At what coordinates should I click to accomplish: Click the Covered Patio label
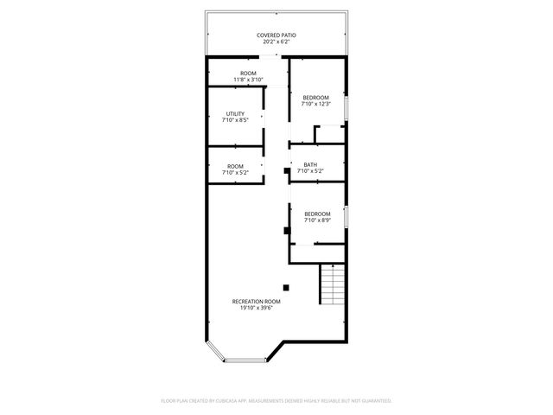(276, 35)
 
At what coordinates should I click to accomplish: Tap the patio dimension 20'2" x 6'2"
(276, 42)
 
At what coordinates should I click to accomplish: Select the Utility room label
(235, 114)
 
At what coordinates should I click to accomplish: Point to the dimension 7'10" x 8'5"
(235, 121)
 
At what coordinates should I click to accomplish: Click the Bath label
(309, 164)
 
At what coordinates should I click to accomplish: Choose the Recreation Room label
(256, 301)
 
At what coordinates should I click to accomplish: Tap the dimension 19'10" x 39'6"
(256, 308)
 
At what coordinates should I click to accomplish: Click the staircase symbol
(333, 284)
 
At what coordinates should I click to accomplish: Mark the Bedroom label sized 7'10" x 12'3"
(316, 97)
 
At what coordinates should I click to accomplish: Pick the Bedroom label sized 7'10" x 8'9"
(317, 214)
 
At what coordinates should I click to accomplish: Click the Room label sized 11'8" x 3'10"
(248, 73)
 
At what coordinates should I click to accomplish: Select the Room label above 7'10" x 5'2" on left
(235, 166)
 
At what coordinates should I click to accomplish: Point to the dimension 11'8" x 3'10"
(248, 80)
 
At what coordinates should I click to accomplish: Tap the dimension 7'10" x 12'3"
(316, 104)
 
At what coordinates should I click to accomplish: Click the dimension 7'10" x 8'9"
(317, 220)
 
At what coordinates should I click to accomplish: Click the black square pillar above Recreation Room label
(287, 287)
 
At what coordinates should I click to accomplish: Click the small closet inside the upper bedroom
(331, 134)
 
